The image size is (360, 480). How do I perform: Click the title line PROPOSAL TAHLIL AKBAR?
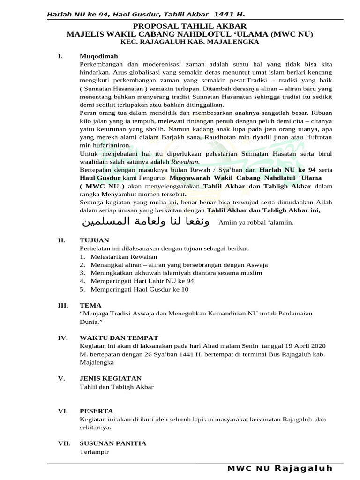(189, 26)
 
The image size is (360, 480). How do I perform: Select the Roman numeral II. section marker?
(61, 240)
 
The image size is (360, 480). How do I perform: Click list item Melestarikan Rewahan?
(124, 257)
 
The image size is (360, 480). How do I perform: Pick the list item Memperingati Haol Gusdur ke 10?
(139, 289)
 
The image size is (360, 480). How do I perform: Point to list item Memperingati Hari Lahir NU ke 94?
(142, 281)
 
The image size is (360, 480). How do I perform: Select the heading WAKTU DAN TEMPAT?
(119, 338)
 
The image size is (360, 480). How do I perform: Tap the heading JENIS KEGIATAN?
(111, 378)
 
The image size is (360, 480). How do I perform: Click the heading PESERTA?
(95, 411)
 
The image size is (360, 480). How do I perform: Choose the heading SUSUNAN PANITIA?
(113, 443)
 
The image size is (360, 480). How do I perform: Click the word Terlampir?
(94, 452)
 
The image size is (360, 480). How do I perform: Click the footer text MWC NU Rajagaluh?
(280, 468)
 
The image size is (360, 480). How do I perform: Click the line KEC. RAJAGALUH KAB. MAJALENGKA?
(189, 42)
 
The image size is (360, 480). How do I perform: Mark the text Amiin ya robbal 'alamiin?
(256, 222)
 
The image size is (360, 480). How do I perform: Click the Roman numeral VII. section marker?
(63, 443)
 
